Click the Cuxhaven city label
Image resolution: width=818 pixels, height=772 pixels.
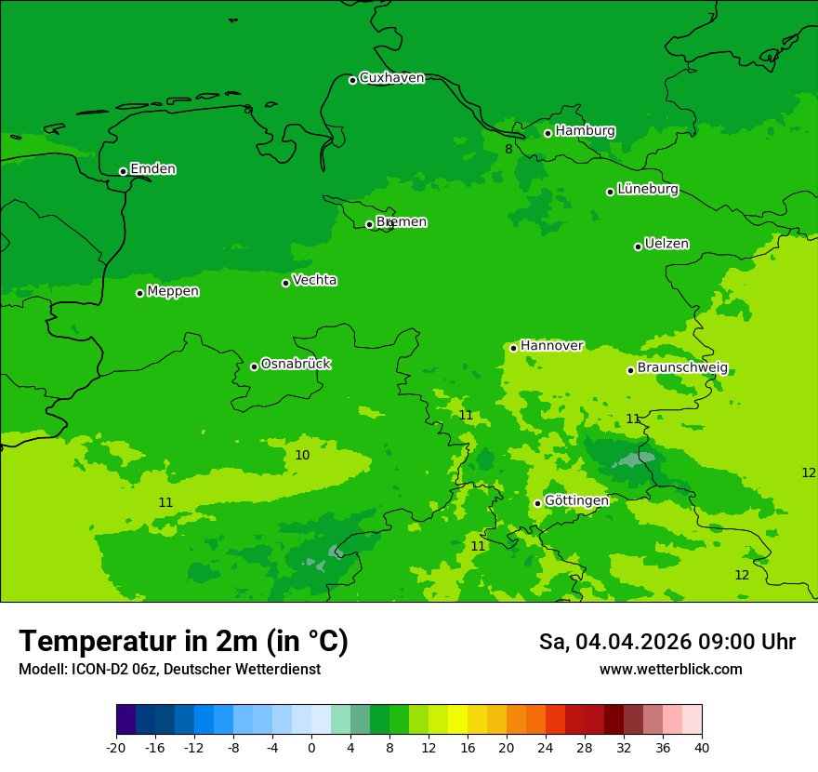click(391, 78)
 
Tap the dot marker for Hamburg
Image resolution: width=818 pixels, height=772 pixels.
click(548, 133)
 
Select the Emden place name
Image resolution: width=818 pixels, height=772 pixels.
click(152, 169)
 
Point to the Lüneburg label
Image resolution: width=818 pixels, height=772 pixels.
click(647, 189)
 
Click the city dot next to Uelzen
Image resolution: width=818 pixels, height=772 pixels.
click(639, 246)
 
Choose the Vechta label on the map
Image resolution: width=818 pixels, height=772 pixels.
click(314, 280)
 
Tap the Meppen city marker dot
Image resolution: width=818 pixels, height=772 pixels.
click(140, 293)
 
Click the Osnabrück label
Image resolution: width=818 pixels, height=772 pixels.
click(296, 364)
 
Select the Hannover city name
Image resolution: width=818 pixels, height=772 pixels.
click(551, 346)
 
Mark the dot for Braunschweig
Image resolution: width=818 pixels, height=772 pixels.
click(630, 370)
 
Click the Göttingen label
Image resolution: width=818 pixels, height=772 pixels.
click(576, 500)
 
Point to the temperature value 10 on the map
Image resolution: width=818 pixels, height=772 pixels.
click(302, 455)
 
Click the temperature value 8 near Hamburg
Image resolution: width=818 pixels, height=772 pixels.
click(508, 149)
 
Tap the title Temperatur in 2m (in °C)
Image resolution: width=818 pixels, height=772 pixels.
click(183, 642)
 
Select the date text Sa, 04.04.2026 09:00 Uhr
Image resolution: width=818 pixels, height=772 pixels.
click(666, 642)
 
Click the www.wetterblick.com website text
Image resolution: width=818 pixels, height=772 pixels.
click(670, 670)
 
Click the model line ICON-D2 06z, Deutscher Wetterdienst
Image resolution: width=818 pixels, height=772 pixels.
click(169, 670)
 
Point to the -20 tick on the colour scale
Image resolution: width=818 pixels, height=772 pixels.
click(116, 748)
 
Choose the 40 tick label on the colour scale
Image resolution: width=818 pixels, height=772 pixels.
click(702, 748)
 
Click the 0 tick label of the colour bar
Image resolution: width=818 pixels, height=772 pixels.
click(311, 748)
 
